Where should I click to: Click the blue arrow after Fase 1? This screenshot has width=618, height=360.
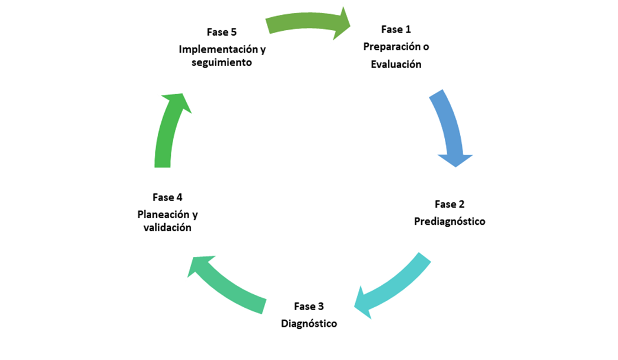click(x=449, y=128)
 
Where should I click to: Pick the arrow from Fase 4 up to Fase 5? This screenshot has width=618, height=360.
click(x=168, y=130)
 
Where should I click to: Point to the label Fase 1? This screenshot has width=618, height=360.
click(x=396, y=29)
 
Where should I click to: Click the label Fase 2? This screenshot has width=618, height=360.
click(x=450, y=204)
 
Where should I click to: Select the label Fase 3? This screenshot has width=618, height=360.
click(x=309, y=307)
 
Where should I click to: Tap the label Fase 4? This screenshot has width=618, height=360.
click(x=167, y=197)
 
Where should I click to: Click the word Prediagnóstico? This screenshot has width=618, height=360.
click(x=450, y=221)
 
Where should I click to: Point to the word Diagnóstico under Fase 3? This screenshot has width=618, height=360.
click(x=309, y=324)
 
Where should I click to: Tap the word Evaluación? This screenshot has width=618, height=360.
click(x=396, y=65)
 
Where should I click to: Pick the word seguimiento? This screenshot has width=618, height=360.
click(x=222, y=62)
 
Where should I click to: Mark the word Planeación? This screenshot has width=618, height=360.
click(x=159, y=214)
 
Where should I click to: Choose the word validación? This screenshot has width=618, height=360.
click(x=167, y=228)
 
